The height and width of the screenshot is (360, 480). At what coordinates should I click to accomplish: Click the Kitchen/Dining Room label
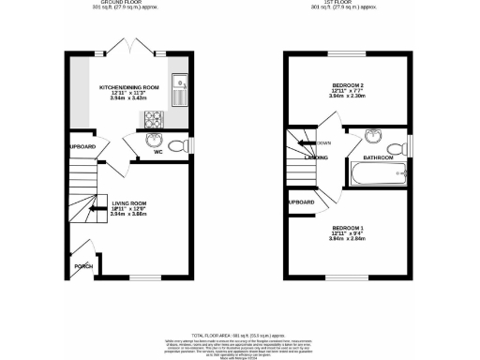130,87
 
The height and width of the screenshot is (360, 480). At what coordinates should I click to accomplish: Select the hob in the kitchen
151,118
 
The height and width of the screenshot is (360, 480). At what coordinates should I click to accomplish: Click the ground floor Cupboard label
82,147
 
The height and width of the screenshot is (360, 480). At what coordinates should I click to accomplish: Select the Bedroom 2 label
348,84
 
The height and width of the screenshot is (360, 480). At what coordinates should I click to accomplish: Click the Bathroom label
378,158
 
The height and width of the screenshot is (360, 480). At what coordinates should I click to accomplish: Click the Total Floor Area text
239,334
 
